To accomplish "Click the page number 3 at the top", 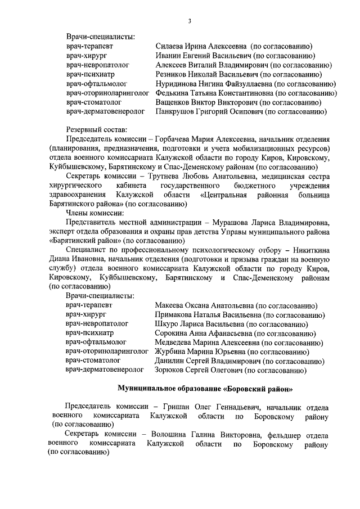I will click(x=190, y=21).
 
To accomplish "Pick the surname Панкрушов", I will click(x=177, y=112).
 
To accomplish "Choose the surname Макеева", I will click(x=170, y=305).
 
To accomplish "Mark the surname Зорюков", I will click(x=171, y=370).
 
